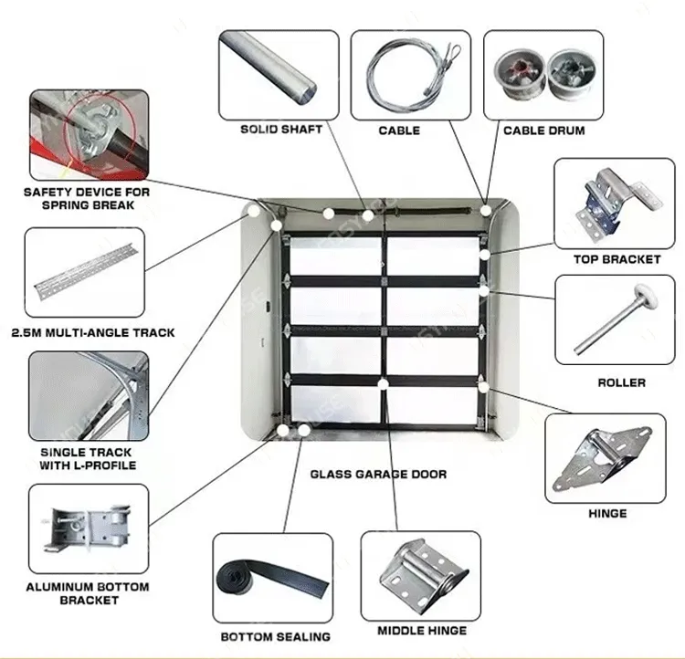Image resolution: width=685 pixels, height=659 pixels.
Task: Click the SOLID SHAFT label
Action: point(281,130)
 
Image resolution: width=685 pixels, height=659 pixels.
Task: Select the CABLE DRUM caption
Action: point(543,131)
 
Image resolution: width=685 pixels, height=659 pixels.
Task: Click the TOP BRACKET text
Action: point(616,259)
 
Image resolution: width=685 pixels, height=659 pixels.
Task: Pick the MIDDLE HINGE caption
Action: point(422,631)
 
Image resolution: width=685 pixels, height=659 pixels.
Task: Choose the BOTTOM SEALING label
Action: point(275,636)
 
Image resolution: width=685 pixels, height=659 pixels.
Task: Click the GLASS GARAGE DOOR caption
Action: point(378,474)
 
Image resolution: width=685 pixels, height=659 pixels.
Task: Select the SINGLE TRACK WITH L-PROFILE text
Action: point(86,458)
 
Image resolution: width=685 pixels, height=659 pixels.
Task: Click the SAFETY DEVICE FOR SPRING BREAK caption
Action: point(86,198)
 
